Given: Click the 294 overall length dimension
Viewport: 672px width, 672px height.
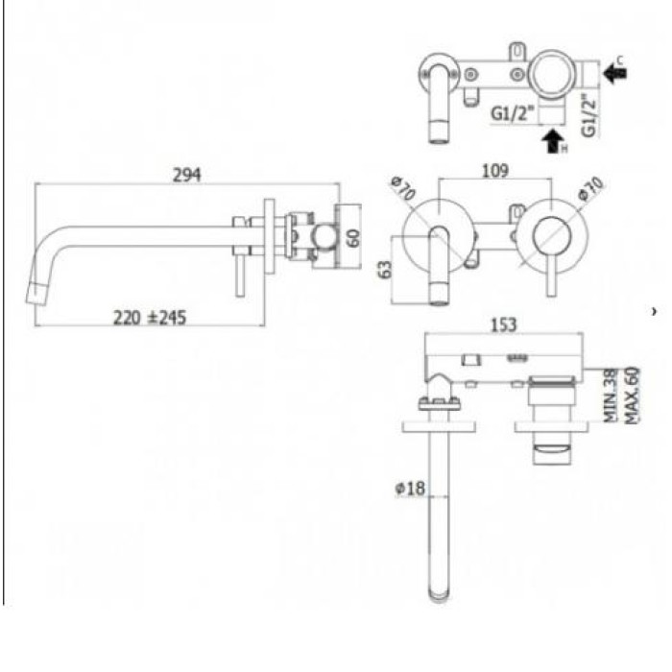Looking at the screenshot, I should [186, 176].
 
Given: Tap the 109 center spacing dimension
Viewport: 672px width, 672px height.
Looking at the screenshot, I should [494, 171].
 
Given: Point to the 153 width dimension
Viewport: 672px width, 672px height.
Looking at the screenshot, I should [503, 325].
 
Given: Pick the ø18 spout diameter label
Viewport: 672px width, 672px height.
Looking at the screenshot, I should [410, 488].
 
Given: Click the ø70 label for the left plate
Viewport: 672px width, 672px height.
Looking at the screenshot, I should [403, 189].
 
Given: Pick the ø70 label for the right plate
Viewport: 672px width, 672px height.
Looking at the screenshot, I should [589, 190].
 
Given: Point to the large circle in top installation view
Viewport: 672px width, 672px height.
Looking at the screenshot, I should [556, 71].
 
